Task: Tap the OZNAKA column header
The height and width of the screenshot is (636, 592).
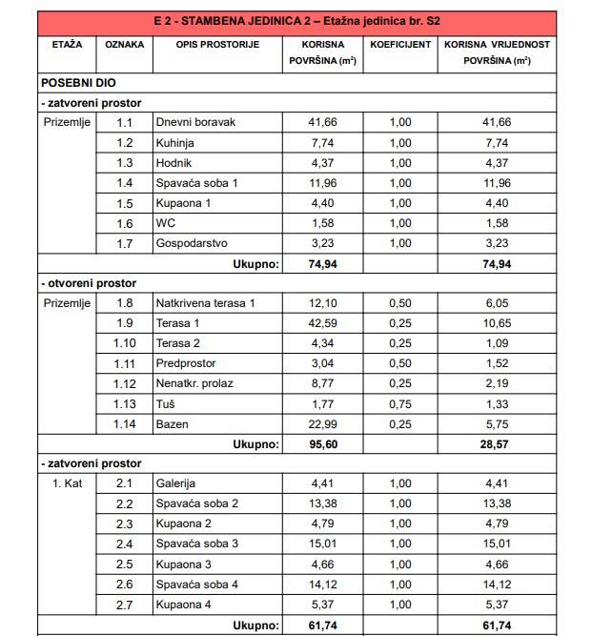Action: (x=125, y=45)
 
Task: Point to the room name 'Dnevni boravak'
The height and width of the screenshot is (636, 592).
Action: (x=195, y=122)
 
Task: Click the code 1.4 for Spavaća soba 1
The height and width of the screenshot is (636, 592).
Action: (x=125, y=182)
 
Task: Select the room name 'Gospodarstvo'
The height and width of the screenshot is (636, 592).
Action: (x=192, y=242)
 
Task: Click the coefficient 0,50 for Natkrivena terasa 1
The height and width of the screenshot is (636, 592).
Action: (x=398, y=303)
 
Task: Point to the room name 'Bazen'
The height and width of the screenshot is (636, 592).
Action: (x=172, y=423)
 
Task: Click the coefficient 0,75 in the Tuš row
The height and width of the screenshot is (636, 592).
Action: (x=398, y=403)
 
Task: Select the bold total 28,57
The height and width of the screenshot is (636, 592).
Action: (x=497, y=444)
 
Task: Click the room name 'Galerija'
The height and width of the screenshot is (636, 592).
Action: (x=177, y=483)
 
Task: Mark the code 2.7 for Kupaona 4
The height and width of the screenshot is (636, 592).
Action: (x=125, y=604)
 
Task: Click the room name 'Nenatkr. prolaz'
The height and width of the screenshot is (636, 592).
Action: (x=194, y=383)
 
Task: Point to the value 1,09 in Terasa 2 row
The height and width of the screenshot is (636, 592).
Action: (x=497, y=343)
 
